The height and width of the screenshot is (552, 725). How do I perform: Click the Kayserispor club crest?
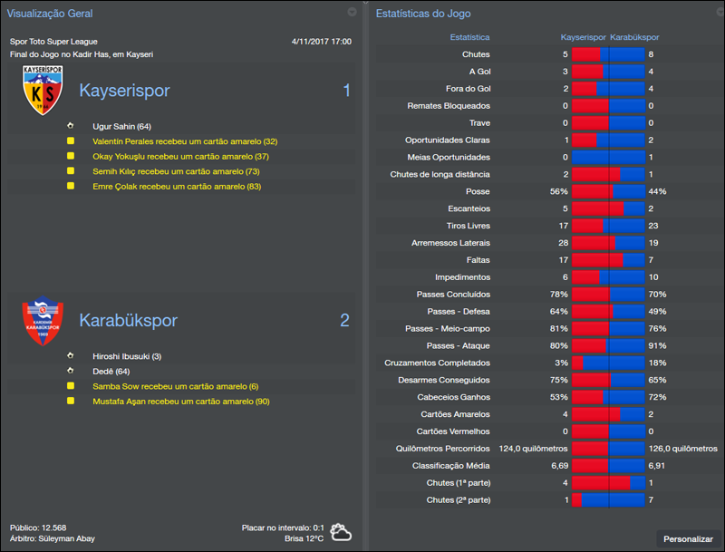pyautogui.click(x=43, y=90)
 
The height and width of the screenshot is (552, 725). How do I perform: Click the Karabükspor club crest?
pyautogui.click(x=43, y=322)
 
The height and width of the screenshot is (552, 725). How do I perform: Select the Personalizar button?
pyautogui.click(x=688, y=538)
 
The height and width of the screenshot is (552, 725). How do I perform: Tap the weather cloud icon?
pyautogui.click(x=341, y=532)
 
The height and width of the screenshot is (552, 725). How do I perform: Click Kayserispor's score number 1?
pyautogui.click(x=346, y=91)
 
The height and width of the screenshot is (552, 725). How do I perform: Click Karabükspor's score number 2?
pyautogui.click(x=344, y=320)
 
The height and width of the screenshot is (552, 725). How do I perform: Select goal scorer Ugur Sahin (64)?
pyautogui.click(x=121, y=127)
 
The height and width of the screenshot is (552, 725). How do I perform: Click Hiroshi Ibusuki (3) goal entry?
pyautogui.click(x=127, y=356)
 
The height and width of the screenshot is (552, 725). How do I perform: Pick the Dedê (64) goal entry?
pyautogui.click(x=111, y=371)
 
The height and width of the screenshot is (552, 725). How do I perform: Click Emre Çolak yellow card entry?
pyautogui.click(x=177, y=186)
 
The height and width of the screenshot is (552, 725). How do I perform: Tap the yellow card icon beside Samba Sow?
pyautogui.click(x=70, y=386)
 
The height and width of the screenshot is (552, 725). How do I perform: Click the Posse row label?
pyautogui.click(x=477, y=192)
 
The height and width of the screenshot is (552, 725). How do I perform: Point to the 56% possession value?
pyautogui.click(x=558, y=192)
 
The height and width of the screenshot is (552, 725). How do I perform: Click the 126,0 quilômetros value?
pyautogui.click(x=682, y=449)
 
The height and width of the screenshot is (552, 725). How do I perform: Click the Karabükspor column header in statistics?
pyautogui.click(x=634, y=38)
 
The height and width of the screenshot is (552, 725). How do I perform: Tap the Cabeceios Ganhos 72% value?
pyautogui.click(x=657, y=398)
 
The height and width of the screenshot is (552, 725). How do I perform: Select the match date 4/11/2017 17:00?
pyautogui.click(x=322, y=42)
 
